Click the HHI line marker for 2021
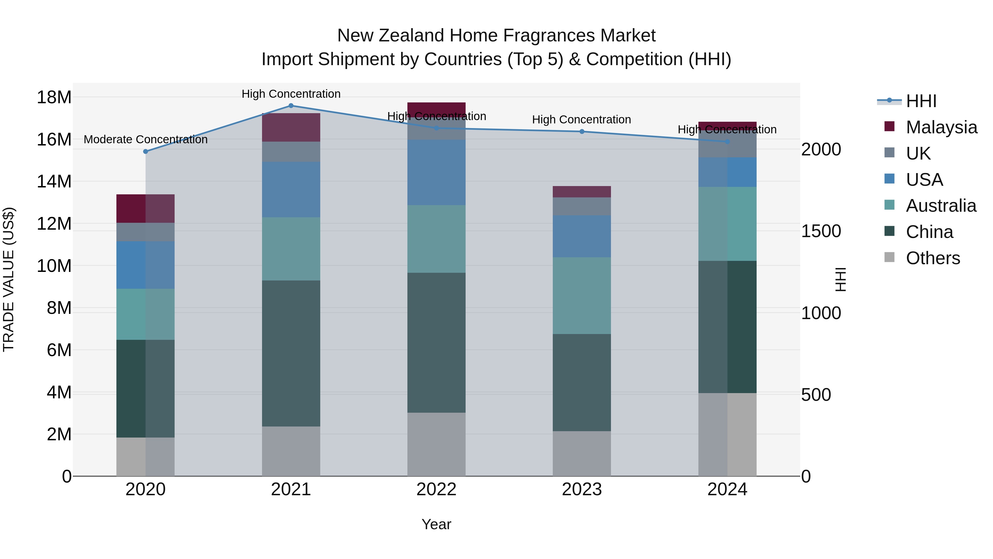coord(291,106)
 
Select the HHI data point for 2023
coord(582,132)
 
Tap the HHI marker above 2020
coord(146,152)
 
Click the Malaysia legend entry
coord(941,127)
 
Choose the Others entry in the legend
coord(933,258)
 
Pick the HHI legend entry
coord(921,101)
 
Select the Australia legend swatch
coord(889,205)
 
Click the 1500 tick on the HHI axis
coord(821,231)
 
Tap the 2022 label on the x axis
coord(436,489)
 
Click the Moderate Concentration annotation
coord(146,139)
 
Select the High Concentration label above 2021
coord(291,94)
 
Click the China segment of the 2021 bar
coord(291,353)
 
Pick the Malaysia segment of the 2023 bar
coord(582,192)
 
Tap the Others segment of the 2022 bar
coord(436,444)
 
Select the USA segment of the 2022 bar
coord(436,173)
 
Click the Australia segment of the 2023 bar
coord(582,295)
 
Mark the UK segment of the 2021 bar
coord(291,152)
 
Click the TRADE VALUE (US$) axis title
coord(9,279)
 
